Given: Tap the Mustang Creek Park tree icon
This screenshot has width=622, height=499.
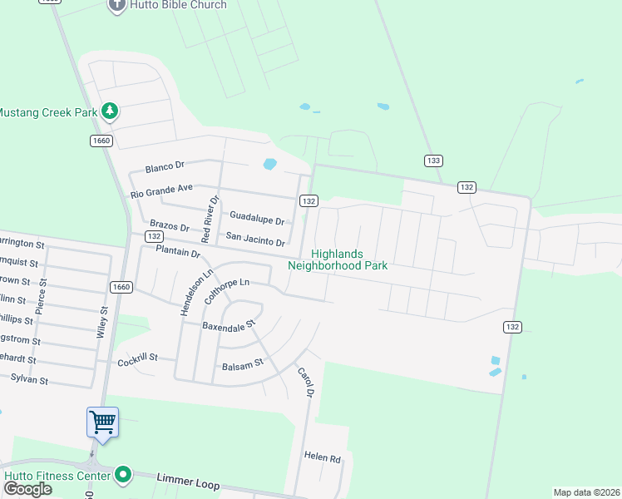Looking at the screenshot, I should point(109,111).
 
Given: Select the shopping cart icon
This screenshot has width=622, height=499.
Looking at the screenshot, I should point(102,422).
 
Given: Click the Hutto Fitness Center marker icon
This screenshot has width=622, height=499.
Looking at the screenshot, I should point(124,475).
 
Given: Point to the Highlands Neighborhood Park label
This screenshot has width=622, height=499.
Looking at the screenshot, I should point(338,260).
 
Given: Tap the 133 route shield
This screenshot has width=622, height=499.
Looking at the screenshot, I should point(433,161).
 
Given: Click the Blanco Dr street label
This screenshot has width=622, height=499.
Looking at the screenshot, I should point(164,168).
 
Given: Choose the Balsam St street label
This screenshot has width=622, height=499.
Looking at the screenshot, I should point(242,364).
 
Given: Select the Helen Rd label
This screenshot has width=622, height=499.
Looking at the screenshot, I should point(323,457).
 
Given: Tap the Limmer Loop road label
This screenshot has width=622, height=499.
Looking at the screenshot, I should point(188,481).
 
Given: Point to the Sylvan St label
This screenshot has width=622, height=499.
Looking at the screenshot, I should point(29,379).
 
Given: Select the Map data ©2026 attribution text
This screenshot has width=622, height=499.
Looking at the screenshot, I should point(586,492).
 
